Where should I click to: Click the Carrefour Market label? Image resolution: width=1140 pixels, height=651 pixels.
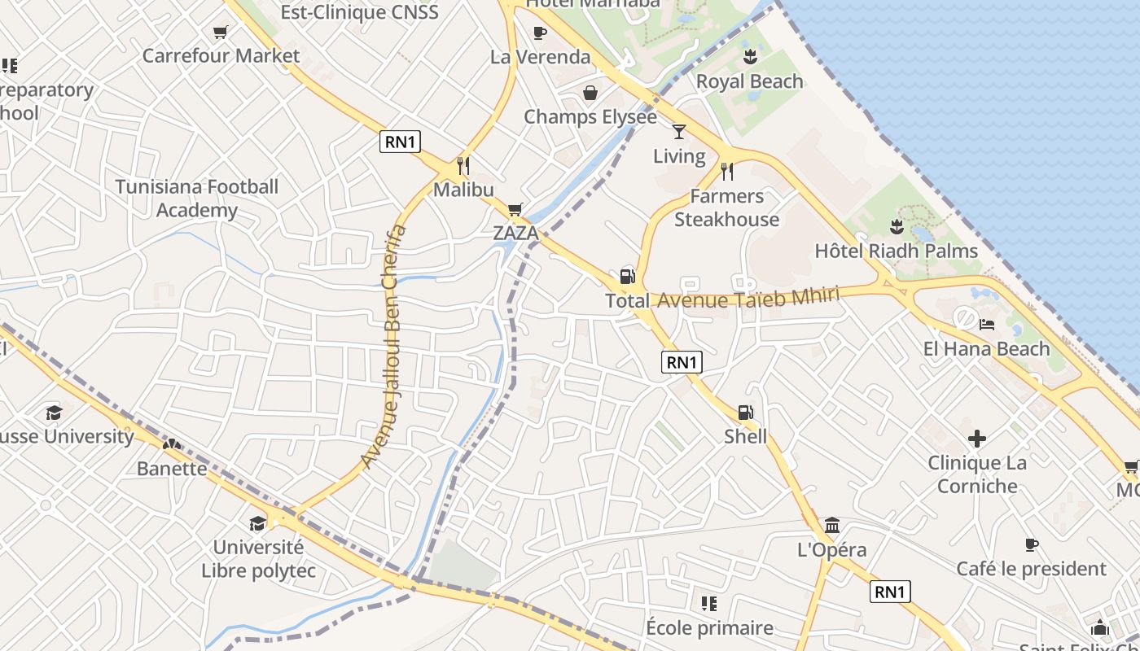pyautogui.click(x=221, y=56)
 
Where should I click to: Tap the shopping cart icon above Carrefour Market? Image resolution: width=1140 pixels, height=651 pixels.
pyautogui.click(x=220, y=33)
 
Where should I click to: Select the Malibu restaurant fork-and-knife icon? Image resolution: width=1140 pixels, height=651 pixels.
pyautogui.click(x=463, y=166)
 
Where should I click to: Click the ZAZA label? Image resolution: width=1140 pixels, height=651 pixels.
pyautogui.click(x=515, y=234)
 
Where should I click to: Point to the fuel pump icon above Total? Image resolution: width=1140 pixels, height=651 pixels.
pyautogui.click(x=627, y=276)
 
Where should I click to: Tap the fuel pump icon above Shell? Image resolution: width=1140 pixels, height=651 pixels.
pyautogui.click(x=745, y=413)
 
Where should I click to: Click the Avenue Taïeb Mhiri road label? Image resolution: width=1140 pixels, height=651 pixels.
pyautogui.click(x=748, y=299)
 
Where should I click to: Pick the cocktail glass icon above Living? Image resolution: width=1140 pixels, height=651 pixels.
pyautogui.click(x=679, y=132)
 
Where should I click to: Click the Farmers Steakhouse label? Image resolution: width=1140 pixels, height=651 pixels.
pyautogui.click(x=726, y=208)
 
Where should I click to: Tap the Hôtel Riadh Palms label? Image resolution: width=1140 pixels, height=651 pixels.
pyautogui.click(x=897, y=251)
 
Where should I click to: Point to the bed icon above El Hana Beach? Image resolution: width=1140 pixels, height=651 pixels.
pyautogui.click(x=987, y=325)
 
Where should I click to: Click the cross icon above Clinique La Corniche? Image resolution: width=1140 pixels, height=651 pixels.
pyautogui.click(x=977, y=439)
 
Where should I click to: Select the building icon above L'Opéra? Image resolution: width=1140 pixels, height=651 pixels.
pyautogui.click(x=831, y=525)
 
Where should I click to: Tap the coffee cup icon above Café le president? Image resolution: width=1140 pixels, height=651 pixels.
pyautogui.click(x=1031, y=544)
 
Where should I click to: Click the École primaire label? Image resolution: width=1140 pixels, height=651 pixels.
pyautogui.click(x=709, y=628)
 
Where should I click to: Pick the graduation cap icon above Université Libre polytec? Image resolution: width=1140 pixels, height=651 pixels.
pyautogui.click(x=258, y=523)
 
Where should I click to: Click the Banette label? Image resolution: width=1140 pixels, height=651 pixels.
pyautogui.click(x=172, y=469)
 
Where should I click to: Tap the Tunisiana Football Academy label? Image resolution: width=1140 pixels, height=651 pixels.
pyautogui.click(x=197, y=199)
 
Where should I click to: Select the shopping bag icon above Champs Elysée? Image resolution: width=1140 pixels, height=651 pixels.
pyautogui.click(x=590, y=93)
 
